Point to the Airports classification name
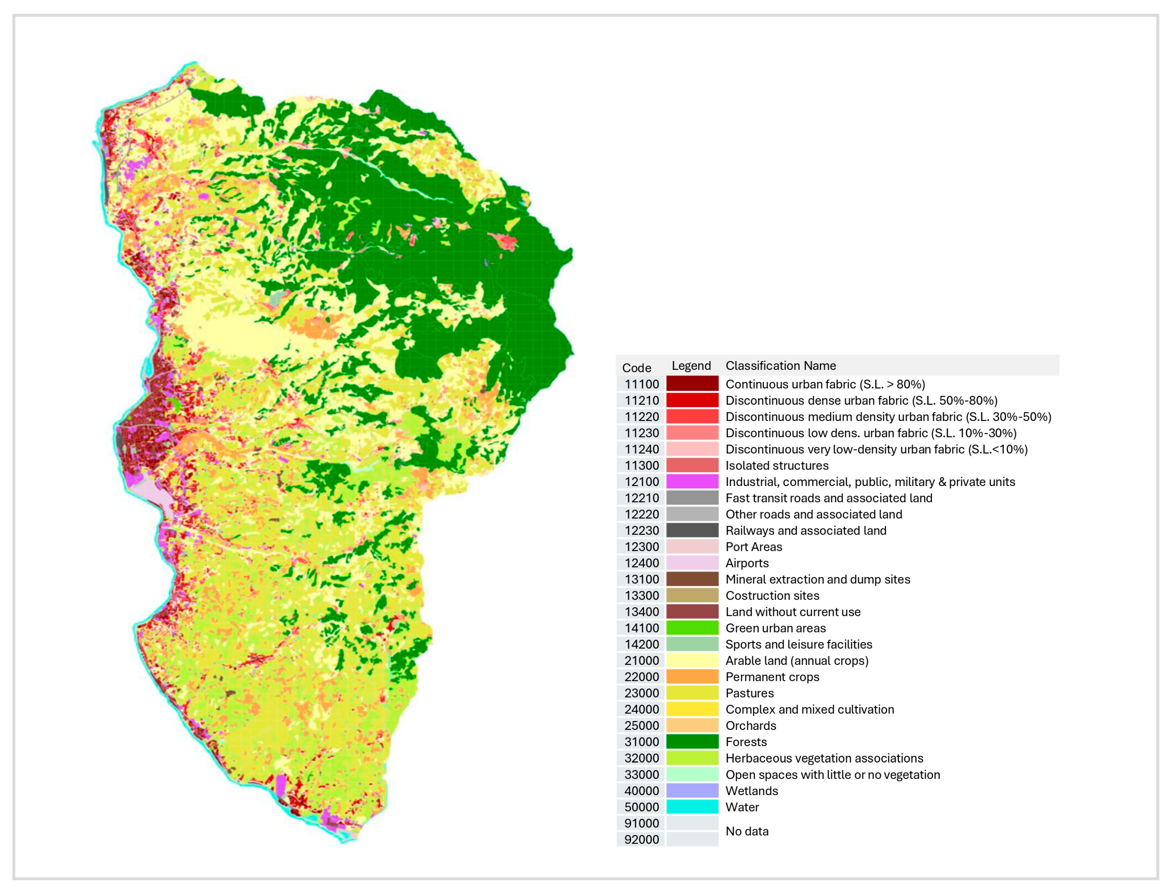pos(747,563)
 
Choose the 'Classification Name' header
pos(780,365)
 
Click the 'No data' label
pos(747,831)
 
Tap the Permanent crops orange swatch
pos(692,676)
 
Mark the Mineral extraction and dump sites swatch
pos(692,579)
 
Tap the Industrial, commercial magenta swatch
pos(692,481)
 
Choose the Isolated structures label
pos(777,465)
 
